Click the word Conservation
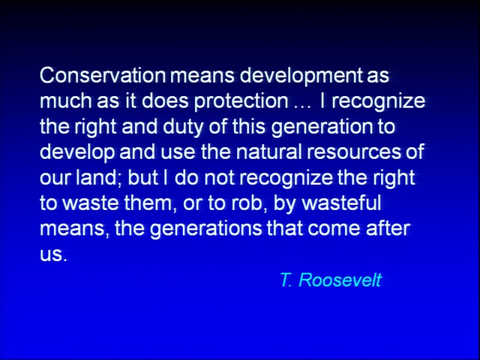click(103, 75)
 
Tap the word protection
click(241, 102)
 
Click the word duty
click(183, 127)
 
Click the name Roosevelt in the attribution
click(340, 280)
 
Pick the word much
click(66, 101)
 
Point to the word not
click(219, 178)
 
